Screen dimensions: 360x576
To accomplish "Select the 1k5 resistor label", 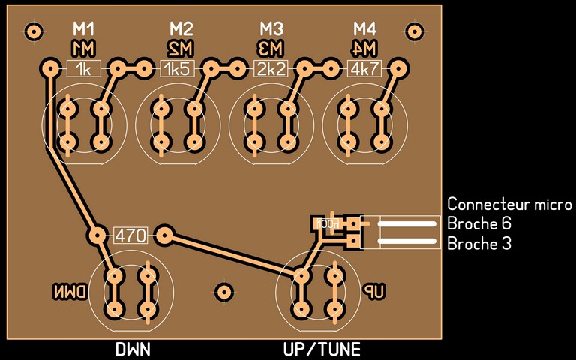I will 178,70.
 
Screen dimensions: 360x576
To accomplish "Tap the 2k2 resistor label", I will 271,70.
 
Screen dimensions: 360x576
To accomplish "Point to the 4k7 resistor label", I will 364,70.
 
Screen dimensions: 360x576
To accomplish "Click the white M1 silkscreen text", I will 84,29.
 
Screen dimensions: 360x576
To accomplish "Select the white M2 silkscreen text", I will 181,29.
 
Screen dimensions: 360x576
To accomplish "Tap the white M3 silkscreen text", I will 272,29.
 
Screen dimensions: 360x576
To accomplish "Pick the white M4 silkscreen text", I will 364,29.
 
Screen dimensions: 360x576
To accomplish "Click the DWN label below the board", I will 133,349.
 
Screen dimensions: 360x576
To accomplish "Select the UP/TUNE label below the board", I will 322,349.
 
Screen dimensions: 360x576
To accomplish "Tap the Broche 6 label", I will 479,223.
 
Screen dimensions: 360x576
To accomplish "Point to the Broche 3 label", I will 479,244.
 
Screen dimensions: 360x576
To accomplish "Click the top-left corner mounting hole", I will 33,31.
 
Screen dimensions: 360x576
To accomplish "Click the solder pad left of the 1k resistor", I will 50,70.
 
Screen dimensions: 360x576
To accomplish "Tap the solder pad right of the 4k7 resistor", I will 397,70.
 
